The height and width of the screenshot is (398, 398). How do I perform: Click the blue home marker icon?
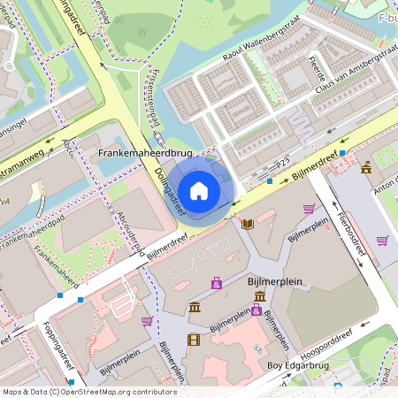[x=199, y=190]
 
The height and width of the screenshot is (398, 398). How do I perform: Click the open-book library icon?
[x=248, y=224]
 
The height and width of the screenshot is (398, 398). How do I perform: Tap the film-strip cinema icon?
[x=193, y=339]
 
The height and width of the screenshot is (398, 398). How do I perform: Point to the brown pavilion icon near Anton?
[x=366, y=167]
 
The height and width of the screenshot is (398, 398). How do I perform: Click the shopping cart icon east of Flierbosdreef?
[x=383, y=240]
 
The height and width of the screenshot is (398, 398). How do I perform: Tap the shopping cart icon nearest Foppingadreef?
[x=147, y=321]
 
